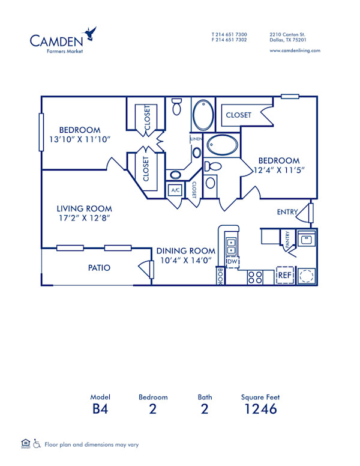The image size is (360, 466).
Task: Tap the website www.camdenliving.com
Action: (x=295, y=50)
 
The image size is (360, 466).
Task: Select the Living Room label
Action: (x=84, y=209)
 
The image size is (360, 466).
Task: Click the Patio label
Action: (x=99, y=268)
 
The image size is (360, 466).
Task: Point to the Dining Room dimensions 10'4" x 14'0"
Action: (x=186, y=260)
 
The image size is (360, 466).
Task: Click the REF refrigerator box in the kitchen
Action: (x=284, y=275)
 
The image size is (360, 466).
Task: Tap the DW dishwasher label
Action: (x=232, y=262)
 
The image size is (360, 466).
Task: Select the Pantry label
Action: (x=288, y=240)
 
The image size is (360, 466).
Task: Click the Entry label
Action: (x=287, y=212)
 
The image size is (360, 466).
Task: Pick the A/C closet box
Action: (x=176, y=190)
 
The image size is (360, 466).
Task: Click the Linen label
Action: (x=196, y=139)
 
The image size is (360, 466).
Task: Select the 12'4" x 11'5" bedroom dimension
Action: (x=278, y=170)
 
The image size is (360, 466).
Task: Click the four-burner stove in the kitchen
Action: (x=255, y=277)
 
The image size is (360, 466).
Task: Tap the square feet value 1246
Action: (x=260, y=410)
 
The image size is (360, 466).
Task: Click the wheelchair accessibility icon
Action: (x=37, y=444)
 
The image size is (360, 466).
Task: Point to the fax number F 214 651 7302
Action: (x=229, y=40)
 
